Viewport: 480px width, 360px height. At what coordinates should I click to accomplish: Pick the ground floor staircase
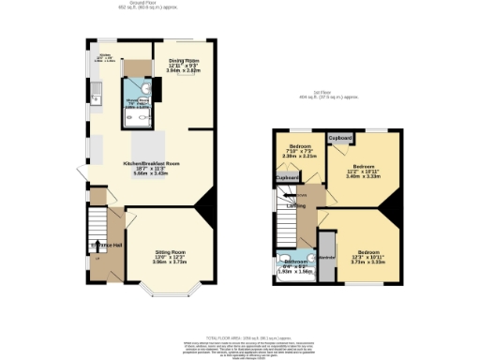97,225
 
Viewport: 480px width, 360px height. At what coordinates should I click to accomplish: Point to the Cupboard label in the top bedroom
340,138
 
